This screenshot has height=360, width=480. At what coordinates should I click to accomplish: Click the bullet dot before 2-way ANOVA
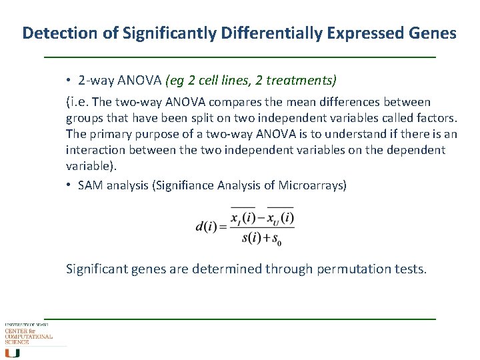[69, 81]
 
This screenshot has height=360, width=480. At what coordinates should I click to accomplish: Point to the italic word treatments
[303, 81]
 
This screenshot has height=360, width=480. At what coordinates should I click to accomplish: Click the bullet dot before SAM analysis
[69, 185]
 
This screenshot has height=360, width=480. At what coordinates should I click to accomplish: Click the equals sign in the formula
[223, 227]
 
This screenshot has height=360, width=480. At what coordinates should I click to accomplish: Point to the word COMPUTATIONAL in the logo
[29, 337]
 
